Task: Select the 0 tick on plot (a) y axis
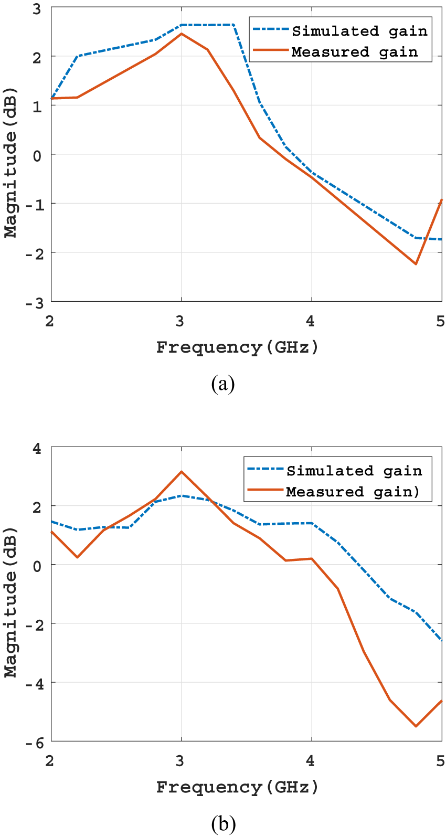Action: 37,155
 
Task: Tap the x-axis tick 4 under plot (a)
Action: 311,321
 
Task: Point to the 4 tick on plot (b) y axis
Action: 37,449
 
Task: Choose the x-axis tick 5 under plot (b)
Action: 440,760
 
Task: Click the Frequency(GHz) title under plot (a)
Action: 237,347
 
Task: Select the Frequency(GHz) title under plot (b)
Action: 237,787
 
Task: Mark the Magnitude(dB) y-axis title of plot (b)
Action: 10,602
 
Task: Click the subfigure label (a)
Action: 223,384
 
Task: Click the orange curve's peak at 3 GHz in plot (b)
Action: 182,472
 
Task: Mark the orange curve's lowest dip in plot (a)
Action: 416,264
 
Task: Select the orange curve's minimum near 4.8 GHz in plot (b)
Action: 416,726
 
